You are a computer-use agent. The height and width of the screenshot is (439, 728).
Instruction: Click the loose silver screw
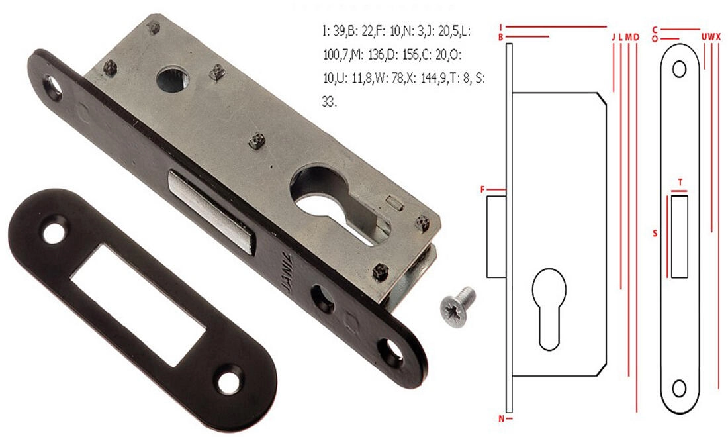point(457,307)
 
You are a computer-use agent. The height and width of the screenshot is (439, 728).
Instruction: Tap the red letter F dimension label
point(483,189)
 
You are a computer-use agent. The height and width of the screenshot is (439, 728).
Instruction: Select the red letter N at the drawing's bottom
point(502,418)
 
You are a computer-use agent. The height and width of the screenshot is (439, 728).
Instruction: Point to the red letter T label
point(680,183)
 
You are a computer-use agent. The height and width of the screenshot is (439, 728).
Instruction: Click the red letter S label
point(655,233)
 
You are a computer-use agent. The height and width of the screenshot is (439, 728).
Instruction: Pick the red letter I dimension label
point(501,27)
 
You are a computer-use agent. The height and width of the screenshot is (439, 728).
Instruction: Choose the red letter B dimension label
point(501,37)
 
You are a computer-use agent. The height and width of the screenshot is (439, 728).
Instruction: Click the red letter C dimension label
point(655,30)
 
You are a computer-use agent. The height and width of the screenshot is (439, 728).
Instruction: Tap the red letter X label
point(718,36)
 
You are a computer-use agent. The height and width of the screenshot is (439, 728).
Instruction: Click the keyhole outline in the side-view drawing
point(549,309)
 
